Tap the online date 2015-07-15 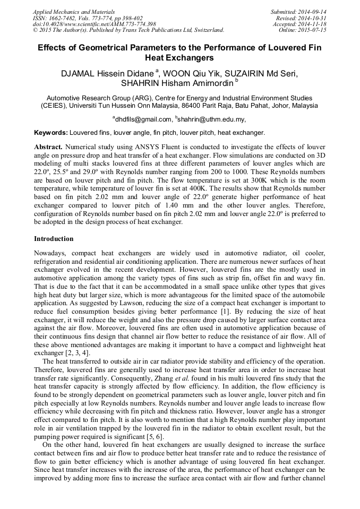(x=314, y=30)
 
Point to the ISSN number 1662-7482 (x=63, y=18)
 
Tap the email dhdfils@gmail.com (x=143, y=119)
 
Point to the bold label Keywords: (x=51, y=133)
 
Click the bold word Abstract (x=48, y=146)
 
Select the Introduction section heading (x=54, y=239)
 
